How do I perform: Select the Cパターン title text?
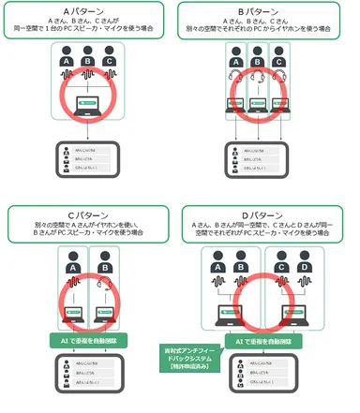coord(90,214)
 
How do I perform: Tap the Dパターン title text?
coord(268,214)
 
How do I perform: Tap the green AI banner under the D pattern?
coord(268,342)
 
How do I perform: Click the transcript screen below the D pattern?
coord(268,378)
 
